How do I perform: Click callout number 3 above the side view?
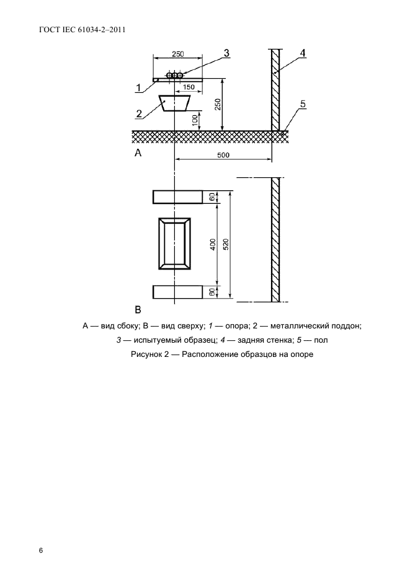tap(227, 54)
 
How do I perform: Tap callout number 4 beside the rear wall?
tap(302, 54)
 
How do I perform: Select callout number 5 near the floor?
tap(302, 105)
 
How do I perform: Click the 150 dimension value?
tap(188, 87)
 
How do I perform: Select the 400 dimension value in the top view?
tap(212, 244)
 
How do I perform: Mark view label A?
tap(139, 153)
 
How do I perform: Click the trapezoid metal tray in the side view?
tap(174, 102)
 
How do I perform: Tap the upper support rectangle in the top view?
tap(177, 197)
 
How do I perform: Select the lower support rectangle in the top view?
tap(177, 292)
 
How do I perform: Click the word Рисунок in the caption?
tap(146, 354)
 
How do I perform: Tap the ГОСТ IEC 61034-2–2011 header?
tap(78, 29)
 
